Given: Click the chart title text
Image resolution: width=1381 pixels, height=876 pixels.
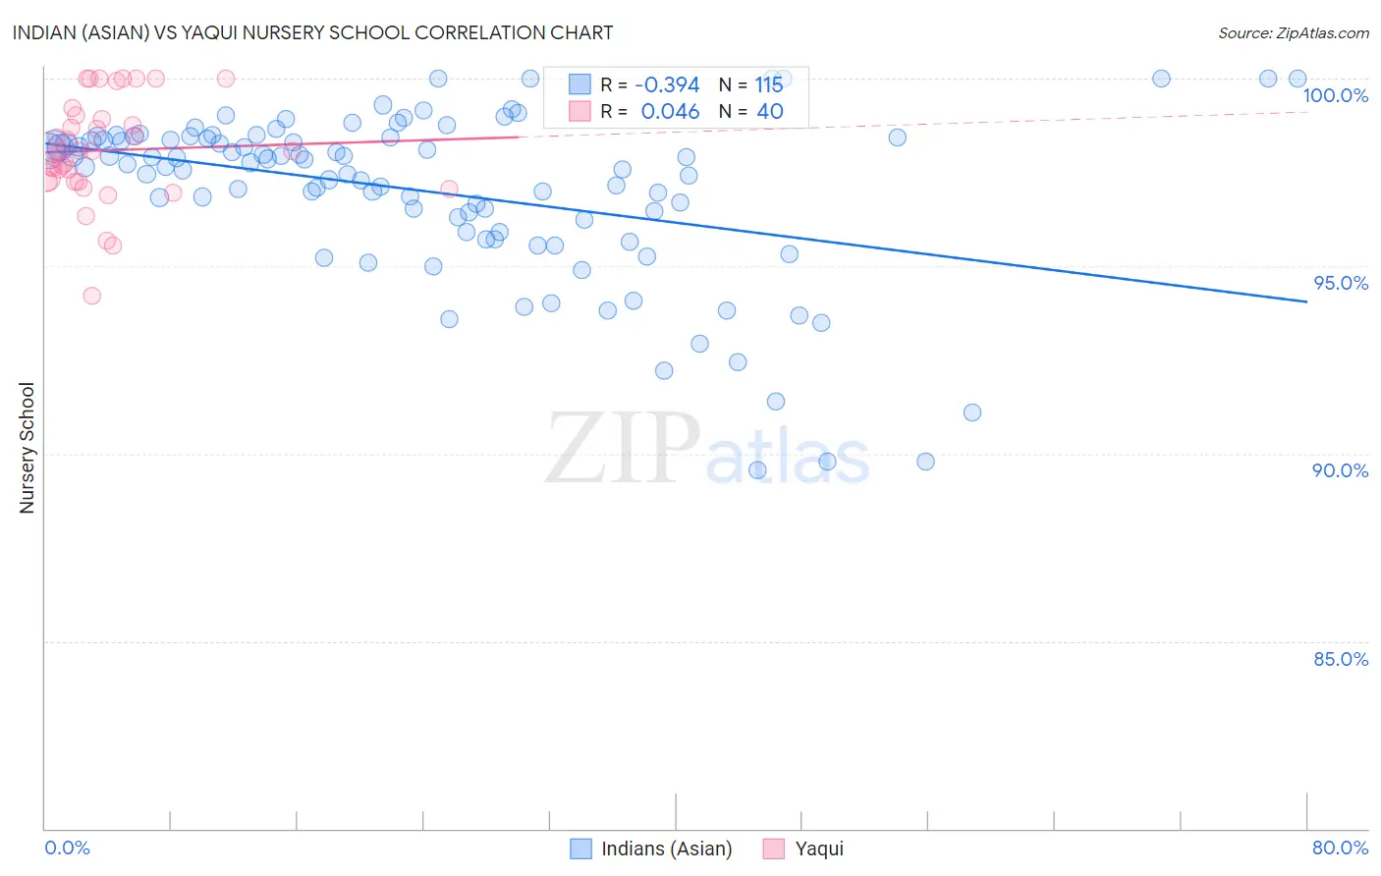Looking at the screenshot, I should [x=312, y=32].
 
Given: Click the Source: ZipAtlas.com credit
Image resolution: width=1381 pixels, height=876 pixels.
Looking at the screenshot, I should [x=1293, y=32].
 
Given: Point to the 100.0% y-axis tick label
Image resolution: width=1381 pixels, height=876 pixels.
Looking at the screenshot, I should [x=1335, y=95].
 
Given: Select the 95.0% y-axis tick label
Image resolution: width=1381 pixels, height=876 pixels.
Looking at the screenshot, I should [x=1341, y=283].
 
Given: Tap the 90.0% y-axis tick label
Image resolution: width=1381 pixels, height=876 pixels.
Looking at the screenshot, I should [x=1340, y=470].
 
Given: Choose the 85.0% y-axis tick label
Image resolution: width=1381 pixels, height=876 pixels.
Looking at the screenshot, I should [x=1341, y=659].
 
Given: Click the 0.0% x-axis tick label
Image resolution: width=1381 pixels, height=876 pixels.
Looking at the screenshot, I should [x=67, y=848].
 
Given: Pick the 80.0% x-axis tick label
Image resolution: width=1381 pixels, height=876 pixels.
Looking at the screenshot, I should [x=1340, y=848].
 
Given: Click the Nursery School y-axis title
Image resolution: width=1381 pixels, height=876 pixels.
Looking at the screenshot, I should [x=28, y=448].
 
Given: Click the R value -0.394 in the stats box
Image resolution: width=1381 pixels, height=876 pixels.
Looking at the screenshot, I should [x=667, y=85].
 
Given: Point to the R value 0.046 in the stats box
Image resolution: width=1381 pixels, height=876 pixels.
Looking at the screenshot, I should [x=670, y=112].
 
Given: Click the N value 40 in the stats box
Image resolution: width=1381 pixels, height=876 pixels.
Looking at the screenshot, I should [x=769, y=112].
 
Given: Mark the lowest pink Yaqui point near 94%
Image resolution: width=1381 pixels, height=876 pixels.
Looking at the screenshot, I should [x=91, y=296].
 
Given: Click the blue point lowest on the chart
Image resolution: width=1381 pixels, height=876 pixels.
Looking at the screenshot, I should [x=757, y=470].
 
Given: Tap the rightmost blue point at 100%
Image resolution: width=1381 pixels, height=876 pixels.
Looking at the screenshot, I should [x=1298, y=79].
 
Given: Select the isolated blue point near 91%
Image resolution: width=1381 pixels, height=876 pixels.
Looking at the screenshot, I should [x=972, y=412].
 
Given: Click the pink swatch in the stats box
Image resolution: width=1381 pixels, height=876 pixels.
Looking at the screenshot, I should [x=580, y=111].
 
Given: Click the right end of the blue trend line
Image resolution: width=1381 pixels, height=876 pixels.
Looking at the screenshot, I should [x=1306, y=301].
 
